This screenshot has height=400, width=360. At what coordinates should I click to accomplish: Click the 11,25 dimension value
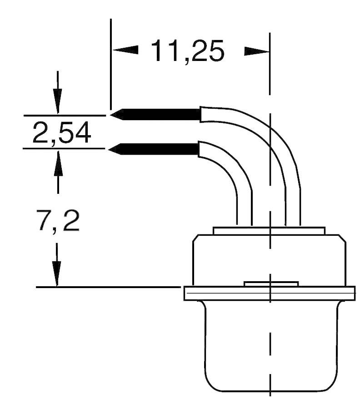point(188,51)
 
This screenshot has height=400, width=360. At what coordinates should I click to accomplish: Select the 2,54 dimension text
point(62,133)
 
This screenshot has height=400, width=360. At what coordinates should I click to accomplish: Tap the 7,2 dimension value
point(58,222)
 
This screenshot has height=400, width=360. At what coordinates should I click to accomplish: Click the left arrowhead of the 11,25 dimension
point(125,50)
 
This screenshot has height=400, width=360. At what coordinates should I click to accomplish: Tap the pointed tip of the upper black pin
point(112,115)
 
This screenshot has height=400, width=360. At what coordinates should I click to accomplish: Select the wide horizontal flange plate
point(269,294)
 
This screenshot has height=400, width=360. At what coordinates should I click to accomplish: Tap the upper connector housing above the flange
point(269,259)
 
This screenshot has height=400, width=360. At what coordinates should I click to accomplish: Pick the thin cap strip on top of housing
point(269,231)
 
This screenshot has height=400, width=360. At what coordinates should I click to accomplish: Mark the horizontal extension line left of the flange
point(109,287)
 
